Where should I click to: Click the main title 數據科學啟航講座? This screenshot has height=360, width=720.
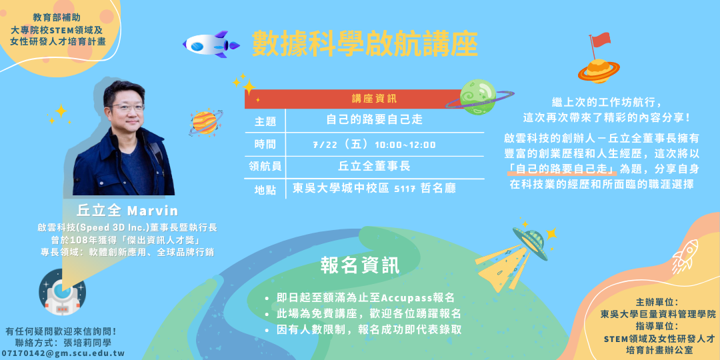coord(365,44)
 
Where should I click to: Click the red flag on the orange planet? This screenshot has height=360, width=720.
coord(600,40)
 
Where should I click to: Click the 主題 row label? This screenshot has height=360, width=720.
coord(265,121)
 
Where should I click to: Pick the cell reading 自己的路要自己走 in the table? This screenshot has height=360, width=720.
coord(374,120)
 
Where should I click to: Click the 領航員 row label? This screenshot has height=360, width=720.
coord(265,167)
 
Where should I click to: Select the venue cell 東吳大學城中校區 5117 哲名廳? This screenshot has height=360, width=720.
coord(374,189)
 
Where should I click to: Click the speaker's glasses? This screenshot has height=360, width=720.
coord(127,107)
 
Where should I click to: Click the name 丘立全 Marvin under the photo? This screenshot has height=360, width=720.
coord(127,211)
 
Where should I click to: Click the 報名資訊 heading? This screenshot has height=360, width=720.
coord(360,265)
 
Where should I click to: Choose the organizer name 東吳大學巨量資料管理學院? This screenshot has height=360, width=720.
coord(658,313)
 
